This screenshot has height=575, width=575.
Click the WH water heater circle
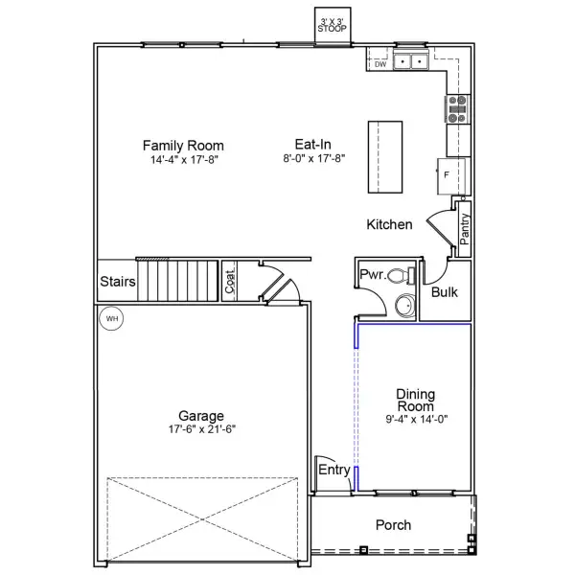(111, 318)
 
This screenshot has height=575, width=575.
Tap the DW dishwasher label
(380, 64)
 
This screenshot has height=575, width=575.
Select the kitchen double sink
(411, 61)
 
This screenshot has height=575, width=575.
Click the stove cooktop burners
(457, 109)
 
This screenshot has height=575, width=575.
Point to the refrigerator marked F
(451, 176)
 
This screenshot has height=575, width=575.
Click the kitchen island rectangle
(385, 157)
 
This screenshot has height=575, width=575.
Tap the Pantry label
(464, 229)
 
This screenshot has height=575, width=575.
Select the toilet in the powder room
(402, 275)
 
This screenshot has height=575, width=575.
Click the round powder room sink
(405, 305)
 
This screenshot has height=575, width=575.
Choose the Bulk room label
(445, 292)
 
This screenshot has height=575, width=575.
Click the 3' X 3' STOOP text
(332, 25)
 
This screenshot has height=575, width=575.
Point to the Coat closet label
(230, 281)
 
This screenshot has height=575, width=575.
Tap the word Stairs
(118, 281)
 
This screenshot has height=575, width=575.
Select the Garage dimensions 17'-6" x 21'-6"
(202, 429)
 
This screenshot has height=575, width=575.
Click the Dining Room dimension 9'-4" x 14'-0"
(417, 419)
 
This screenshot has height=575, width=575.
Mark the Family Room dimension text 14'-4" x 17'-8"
(184, 160)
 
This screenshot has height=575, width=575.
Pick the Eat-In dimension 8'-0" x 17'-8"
(314, 158)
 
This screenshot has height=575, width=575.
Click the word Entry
(334, 470)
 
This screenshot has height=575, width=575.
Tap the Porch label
(393, 525)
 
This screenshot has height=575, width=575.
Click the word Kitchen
(389, 224)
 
